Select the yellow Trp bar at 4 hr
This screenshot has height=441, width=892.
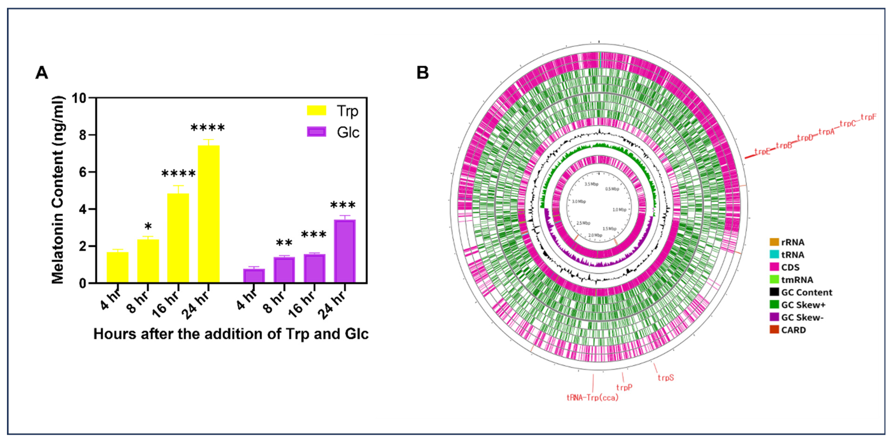117,267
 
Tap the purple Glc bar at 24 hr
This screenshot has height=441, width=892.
345,251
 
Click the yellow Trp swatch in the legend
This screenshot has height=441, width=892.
316,110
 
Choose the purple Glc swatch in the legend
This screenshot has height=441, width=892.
316,132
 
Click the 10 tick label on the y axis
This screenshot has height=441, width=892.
79,98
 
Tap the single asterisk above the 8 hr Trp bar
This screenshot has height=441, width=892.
148,227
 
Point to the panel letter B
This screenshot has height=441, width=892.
422,73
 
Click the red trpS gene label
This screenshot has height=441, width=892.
666,378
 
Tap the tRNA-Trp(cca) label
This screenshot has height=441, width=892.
592,398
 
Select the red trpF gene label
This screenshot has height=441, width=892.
868,117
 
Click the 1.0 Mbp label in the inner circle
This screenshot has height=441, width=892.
619,210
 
